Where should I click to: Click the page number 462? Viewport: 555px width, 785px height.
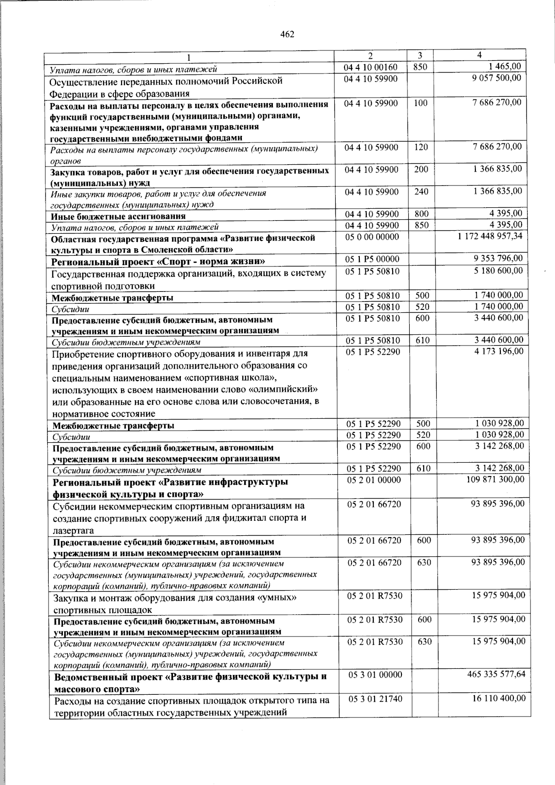click(x=287, y=34)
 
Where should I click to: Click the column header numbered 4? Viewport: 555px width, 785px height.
click(x=480, y=55)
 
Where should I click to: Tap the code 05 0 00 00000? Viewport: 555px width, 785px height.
click(x=372, y=236)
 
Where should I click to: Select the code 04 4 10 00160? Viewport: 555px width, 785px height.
click(x=371, y=67)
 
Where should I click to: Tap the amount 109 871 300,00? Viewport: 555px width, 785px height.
click(x=494, y=479)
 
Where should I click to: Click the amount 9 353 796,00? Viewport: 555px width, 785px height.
click(x=498, y=259)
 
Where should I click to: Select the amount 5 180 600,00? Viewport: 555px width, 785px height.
click(x=498, y=270)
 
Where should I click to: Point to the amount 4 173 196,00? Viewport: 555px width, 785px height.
click(x=499, y=352)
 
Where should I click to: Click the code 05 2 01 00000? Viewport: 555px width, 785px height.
click(x=374, y=480)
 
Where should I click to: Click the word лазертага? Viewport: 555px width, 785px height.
click(x=74, y=531)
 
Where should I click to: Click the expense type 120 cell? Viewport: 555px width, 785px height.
click(x=420, y=147)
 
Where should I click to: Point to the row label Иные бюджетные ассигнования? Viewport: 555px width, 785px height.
click(x=118, y=216)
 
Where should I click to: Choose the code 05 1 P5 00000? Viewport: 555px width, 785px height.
click(x=373, y=259)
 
